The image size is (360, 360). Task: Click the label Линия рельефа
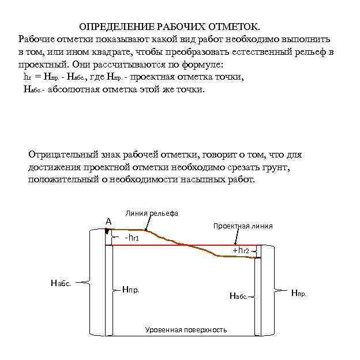pos(152,213)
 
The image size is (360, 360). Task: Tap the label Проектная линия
pos(243,226)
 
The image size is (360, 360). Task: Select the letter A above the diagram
pos(108,221)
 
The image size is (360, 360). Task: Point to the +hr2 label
pos(241,250)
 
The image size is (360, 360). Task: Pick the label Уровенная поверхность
pos(185,330)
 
